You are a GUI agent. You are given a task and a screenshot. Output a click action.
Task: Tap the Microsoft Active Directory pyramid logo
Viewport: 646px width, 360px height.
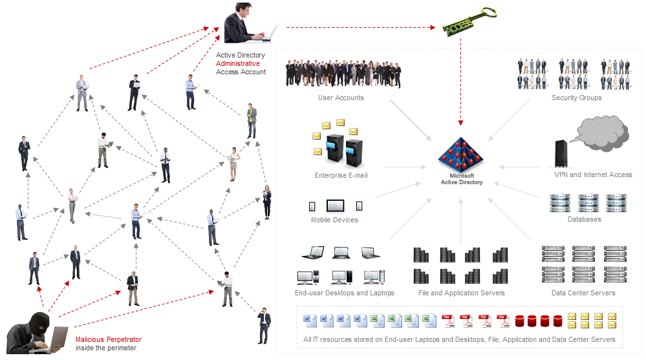tap(461, 154)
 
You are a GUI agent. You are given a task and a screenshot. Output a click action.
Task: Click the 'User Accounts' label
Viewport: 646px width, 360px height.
tap(341, 98)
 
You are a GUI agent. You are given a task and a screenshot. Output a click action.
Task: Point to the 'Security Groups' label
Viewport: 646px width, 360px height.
tap(576, 98)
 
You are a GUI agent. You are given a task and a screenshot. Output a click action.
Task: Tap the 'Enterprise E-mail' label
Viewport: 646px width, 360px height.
tap(341, 175)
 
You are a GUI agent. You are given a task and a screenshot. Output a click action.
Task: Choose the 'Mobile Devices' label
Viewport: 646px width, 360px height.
tap(334, 220)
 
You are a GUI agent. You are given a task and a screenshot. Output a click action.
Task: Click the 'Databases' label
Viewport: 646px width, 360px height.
tap(585, 219)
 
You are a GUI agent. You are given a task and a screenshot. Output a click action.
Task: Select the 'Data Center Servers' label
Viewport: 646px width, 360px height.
tap(583, 293)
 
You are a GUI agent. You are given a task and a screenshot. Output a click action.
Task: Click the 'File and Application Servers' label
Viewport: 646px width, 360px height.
tap(462, 293)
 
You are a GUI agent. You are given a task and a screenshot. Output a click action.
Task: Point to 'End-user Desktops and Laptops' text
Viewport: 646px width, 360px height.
tap(344, 293)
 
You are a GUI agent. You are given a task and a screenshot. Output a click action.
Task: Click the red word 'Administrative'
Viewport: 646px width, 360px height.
tap(238, 64)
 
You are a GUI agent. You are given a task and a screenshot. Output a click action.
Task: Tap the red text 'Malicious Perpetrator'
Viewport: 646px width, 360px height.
tap(109, 340)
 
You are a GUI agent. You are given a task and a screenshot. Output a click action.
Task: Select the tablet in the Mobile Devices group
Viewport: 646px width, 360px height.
tap(336, 206)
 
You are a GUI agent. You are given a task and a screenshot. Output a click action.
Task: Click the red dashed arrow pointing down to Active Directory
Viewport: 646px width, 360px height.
tap(460, 84)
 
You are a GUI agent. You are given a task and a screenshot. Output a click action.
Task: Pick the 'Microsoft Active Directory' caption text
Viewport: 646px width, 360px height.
tap(461, 179)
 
